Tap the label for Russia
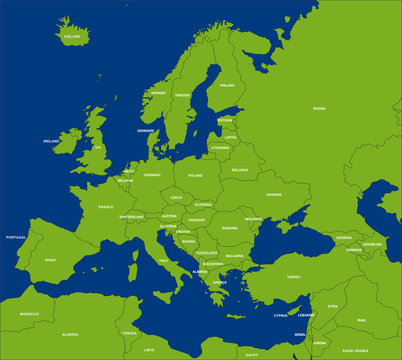(x=319, y=108)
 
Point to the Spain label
(x=50, y=260)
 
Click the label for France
(x=106, y=207)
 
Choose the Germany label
(x=152, y=175)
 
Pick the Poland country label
(x=195, y=174)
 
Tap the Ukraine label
(x=273, y=195)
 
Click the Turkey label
(x=293, y=276)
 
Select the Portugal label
(x=15, y=237)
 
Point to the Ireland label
(x=50, y=141)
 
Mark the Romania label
(x=230, y=228)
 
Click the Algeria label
(x=71, y=334)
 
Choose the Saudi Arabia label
(x=355, y=351)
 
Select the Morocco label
(x=30, y=314)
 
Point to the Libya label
(x=149, y=350)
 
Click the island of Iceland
(x=72, y=30)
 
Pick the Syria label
(x=332, y=305)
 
